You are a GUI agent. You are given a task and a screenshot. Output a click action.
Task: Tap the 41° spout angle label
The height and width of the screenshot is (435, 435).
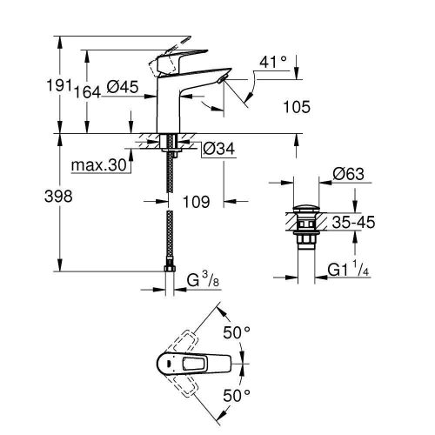coord(271,63)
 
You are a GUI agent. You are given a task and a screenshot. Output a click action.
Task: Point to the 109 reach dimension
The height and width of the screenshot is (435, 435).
coord(197,202)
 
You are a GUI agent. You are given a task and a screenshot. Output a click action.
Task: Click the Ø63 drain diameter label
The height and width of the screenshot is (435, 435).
coord(349,174)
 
